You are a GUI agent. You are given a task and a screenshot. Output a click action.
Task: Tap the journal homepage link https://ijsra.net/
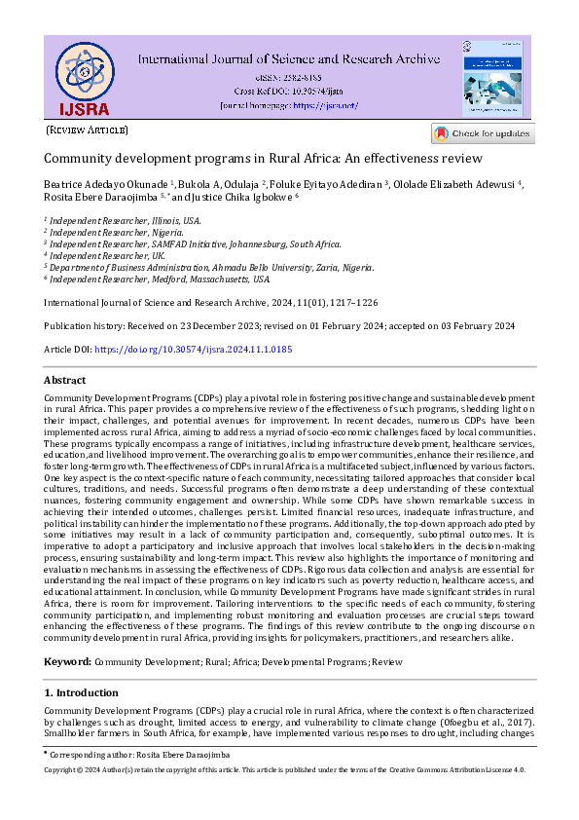(325, 105)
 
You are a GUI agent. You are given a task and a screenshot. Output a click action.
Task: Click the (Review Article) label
(87, 130)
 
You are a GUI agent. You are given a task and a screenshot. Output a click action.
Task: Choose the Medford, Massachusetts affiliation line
(161, 279)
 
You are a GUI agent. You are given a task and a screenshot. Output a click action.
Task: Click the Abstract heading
(64, 380)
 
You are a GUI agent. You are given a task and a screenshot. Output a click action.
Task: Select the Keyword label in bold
(67, 661)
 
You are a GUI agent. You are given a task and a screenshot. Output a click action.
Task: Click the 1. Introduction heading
(82, 692)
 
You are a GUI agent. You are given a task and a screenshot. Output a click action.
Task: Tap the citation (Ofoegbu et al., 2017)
(484, 724)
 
